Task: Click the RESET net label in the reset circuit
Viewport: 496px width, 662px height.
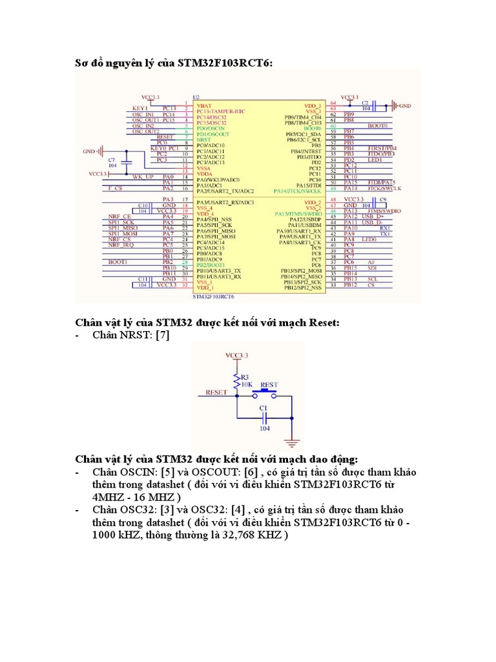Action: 216,392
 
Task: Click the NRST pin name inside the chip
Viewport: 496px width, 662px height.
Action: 203,139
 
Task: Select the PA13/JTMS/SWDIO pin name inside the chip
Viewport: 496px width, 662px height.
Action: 298,213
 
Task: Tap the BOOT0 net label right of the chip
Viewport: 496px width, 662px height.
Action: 377,125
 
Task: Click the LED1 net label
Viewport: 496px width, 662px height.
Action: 375,160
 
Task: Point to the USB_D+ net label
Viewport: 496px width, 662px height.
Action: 372,217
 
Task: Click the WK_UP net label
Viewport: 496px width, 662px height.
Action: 143,176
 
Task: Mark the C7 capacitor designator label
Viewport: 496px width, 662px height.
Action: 111,159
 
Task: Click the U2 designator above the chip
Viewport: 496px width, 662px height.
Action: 196,98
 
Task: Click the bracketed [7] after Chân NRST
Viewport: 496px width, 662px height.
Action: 163,335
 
